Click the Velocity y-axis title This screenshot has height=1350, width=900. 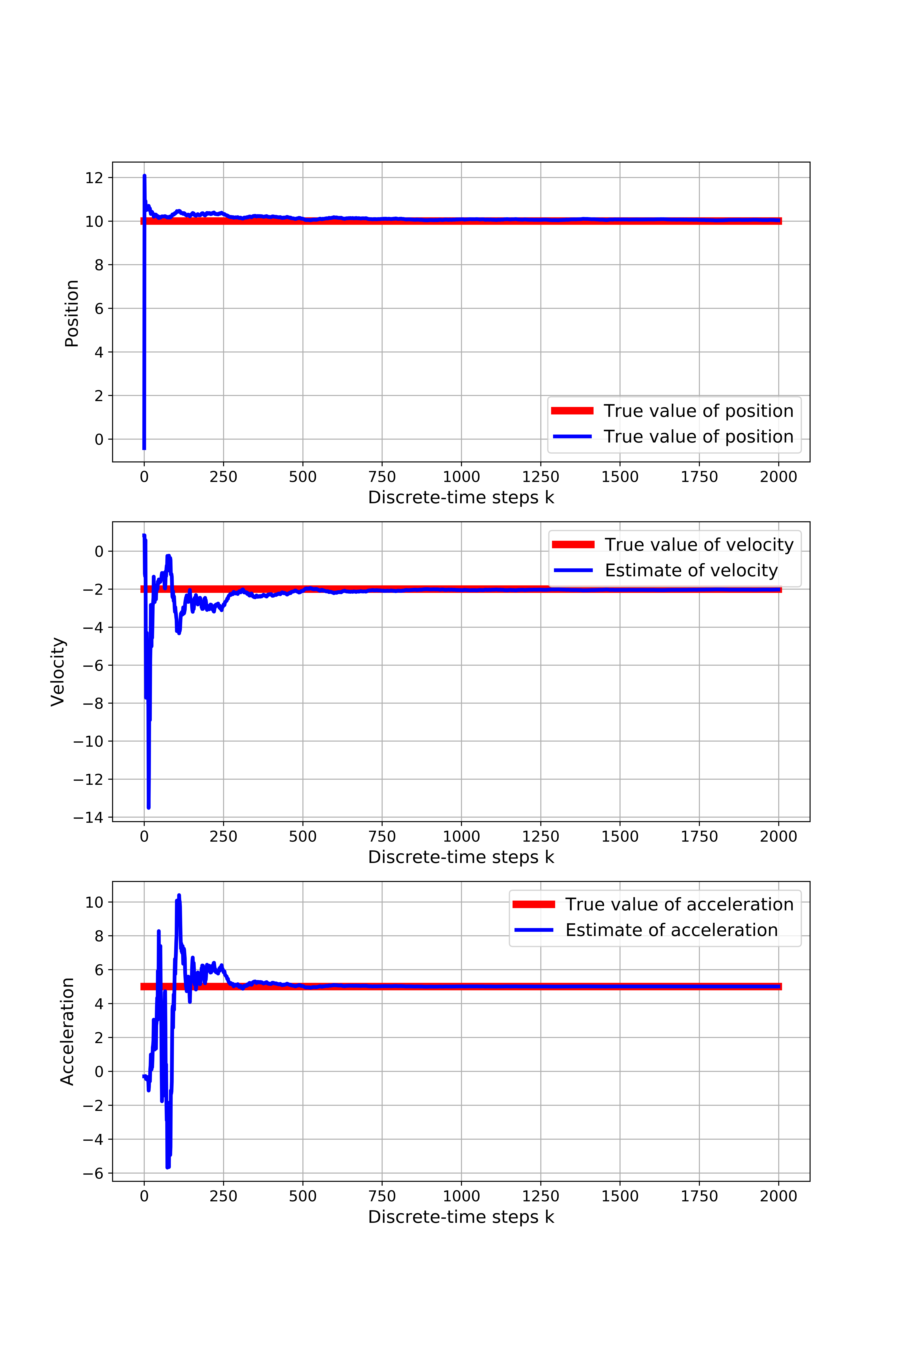tap(58, 672)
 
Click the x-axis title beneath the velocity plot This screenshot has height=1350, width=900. tap(461, 857)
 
